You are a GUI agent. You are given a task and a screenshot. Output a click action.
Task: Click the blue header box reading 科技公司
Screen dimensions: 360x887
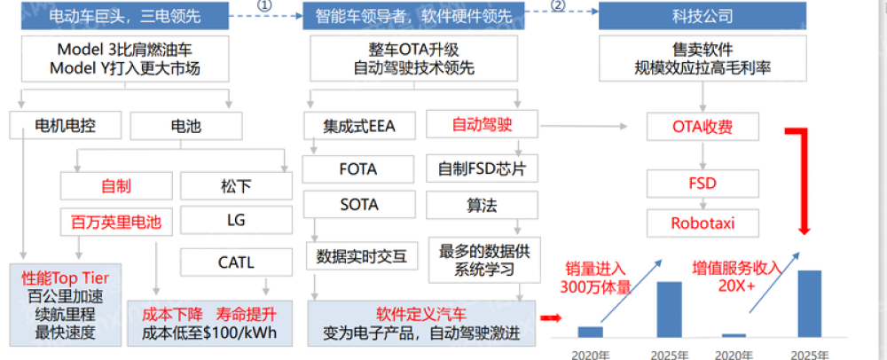click(x=701, y=15)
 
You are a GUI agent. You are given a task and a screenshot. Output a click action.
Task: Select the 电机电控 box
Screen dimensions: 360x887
click(x=65, y=125)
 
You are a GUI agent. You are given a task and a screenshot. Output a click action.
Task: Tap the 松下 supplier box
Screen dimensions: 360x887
click(x=235, y=186)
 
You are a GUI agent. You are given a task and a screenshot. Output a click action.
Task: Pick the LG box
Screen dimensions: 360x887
click(x=235, y=219)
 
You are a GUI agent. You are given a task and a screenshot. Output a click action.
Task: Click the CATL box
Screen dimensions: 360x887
click(x=235, y=262)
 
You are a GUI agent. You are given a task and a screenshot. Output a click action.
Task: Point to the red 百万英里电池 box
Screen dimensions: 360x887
click(x=116, y=222)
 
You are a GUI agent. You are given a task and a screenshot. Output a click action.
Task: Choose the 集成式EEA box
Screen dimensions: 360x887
click(x=358, y=126)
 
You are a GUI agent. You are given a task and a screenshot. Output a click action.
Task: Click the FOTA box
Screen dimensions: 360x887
click(x=358, y=168)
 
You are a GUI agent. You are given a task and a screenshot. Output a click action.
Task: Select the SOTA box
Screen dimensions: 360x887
click(x=358, y=205)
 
